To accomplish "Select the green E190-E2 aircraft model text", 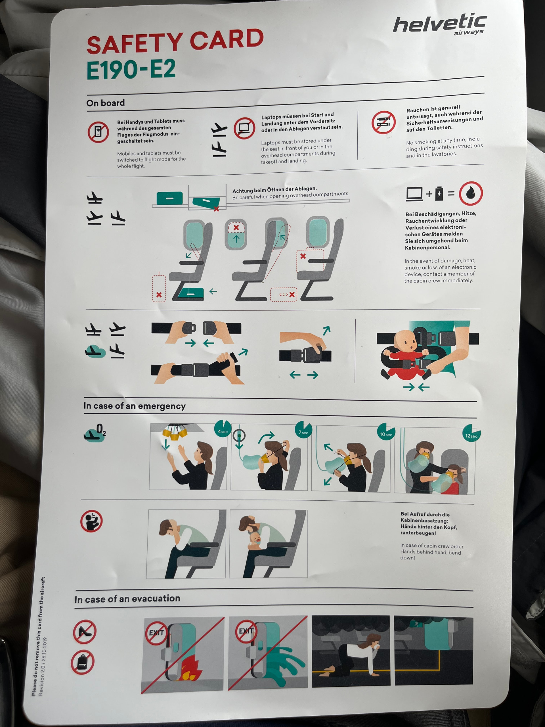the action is [x=131, y=69].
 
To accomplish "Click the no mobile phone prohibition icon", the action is [x=98, y=132].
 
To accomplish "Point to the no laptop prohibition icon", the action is [x=244, y=128].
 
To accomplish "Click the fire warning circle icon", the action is [x=471, y=193].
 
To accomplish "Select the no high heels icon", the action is [x=84, y=631].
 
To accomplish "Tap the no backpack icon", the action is [x=82, y=662].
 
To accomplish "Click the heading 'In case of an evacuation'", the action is [x=127, y=599].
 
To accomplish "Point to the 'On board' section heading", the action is [x=106, y=103].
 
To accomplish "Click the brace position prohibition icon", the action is [x=91, y=521].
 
